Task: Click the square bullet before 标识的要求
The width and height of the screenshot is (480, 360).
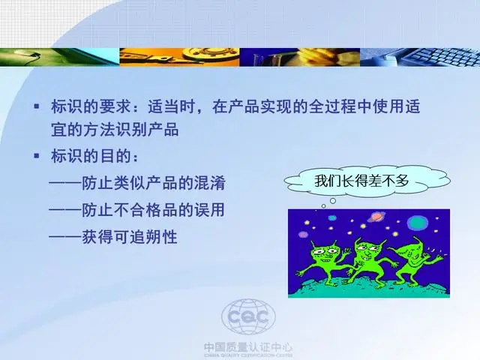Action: coord(37,106)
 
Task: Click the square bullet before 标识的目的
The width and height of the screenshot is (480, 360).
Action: coord(37,156)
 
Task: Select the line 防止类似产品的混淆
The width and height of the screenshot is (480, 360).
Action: coord(137,183)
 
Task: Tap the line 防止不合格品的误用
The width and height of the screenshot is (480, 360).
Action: coord(137,210)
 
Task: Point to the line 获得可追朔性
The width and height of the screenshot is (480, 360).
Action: coord(113,237)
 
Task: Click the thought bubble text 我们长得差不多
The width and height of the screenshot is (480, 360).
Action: coord(361,181)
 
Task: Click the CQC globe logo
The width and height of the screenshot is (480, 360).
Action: coord(248,317)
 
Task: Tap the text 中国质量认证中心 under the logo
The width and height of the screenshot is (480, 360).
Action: coord(248,347)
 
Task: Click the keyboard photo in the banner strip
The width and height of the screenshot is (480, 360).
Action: coord(420,57)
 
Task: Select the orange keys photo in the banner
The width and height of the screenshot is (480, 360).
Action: coord(179,57)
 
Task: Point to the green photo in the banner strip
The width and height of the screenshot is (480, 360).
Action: coord(60,57)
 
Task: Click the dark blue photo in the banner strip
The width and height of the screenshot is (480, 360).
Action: coord(300,57)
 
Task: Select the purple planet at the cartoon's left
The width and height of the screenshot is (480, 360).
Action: coord(303,235)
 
